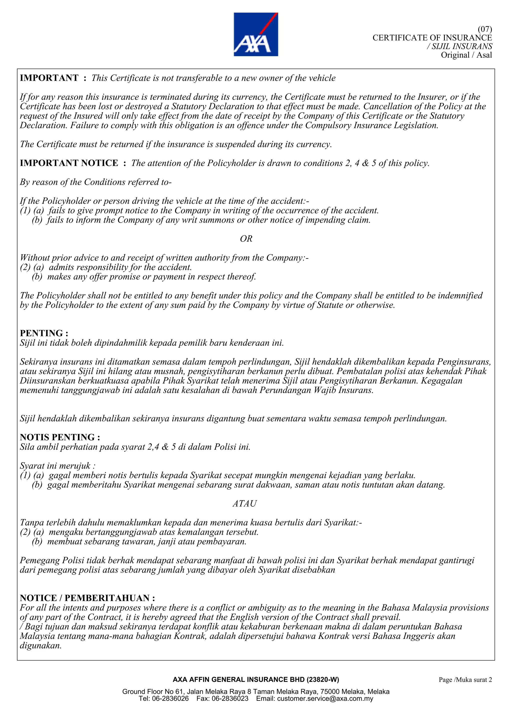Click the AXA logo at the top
[255, 34]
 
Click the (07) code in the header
[484, 29]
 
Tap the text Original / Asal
[466, 55]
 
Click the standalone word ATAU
[244, 504]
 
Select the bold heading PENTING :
[44, 333]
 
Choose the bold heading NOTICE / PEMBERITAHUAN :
[87, 598]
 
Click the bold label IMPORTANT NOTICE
[69, 163]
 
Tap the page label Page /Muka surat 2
[465, 680]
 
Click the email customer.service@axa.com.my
[325, 699]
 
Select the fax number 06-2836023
[230, 699]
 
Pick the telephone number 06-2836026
[170, 699]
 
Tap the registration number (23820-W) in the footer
[323, 680]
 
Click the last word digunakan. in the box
[40, 646]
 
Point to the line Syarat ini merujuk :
[57, 466]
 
